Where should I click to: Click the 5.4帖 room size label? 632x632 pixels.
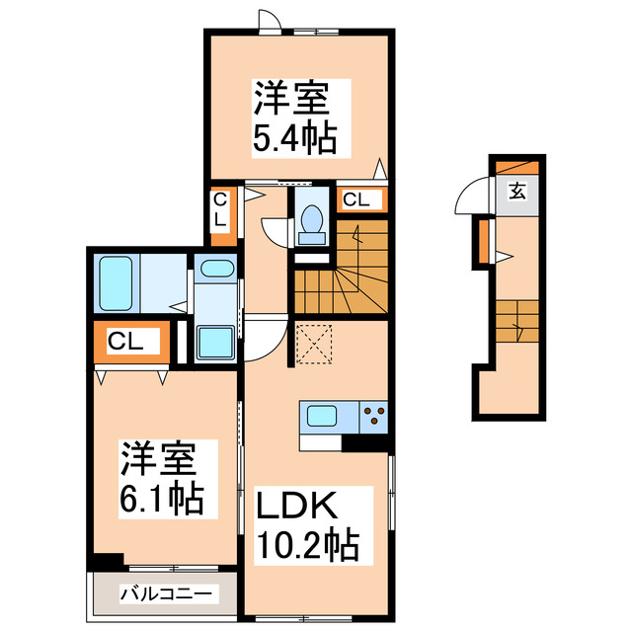coord(293,138)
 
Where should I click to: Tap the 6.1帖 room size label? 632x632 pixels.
coord(162,499)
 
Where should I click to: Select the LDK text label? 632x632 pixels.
coord(298,507)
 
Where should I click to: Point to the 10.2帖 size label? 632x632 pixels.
coord(308,542)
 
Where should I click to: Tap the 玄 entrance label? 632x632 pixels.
coord(517,192)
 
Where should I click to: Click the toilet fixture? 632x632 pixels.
coord(312,222)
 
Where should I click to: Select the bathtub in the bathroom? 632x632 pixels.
coord(116,284)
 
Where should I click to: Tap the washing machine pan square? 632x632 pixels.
coord(214,342)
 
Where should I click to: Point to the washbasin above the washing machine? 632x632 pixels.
coord(214,269)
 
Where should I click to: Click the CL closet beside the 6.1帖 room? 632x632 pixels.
coord(127,343)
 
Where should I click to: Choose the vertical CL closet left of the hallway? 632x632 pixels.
coord(221,214)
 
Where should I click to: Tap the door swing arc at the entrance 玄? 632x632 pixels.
coord(466,200)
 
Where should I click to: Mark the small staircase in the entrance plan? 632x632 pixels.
coord(516,322)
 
